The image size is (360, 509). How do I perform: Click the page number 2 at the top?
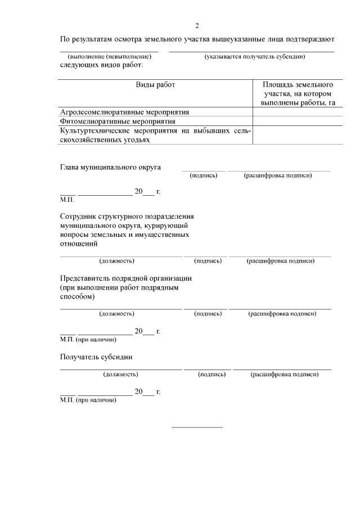coord(197,25)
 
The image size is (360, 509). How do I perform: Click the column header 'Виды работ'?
coord(155,84)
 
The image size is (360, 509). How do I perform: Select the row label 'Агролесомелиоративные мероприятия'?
coord(124,112)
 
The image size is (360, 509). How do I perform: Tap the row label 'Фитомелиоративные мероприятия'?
coord(118,121)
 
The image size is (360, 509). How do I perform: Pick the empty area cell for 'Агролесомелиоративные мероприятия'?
coord(298,112)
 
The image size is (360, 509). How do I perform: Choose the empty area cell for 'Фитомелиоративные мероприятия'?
coord(298,121)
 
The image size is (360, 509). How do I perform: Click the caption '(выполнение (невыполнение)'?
coord(110,57)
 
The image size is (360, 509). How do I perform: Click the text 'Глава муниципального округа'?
coord(110,167)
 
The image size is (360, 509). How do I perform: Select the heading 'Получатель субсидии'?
coord(96,357)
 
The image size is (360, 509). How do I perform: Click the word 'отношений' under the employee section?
coord(79,244)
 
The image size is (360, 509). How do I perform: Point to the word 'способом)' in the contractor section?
coord(78,296)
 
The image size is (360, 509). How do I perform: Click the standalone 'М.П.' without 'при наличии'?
coord(66,199)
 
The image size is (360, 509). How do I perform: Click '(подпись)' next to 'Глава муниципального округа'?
coord(204,175)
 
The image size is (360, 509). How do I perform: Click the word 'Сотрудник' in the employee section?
coord(79,216)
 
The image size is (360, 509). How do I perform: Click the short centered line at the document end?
coord(197,427)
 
